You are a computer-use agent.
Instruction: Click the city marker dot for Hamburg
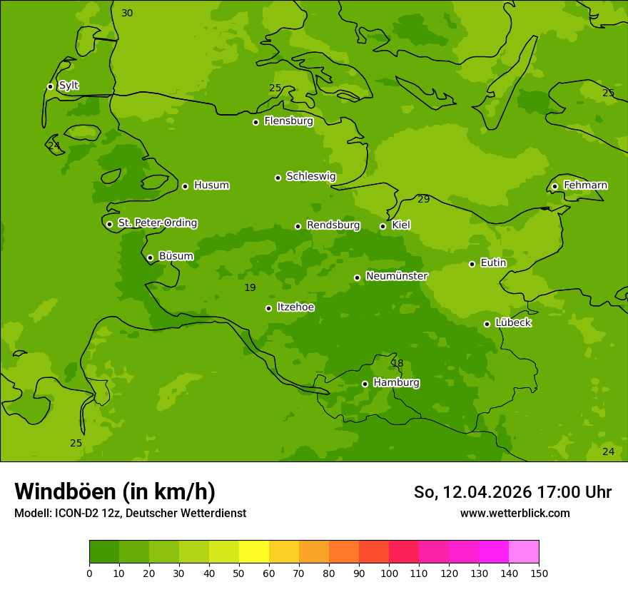365,384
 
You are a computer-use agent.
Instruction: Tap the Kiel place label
401,225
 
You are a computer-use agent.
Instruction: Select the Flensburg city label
288,121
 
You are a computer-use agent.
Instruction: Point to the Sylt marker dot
50,86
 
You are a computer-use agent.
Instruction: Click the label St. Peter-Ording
157,223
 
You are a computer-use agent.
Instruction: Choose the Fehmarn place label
585,185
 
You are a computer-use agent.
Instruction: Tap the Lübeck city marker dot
487,324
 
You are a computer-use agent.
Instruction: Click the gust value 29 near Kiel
423,200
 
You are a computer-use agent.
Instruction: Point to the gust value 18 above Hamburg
397,364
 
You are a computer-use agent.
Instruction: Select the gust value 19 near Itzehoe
250,288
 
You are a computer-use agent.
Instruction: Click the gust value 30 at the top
127,14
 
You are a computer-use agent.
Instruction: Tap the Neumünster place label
396,276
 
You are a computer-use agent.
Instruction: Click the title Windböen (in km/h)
115,491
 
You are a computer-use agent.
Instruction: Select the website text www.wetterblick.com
515,513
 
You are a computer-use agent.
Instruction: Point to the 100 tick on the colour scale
389,573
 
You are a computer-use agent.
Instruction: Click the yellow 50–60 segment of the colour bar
254,552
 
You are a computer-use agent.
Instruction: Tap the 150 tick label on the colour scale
539,573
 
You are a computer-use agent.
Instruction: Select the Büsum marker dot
150,257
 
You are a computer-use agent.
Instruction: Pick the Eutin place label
493,263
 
